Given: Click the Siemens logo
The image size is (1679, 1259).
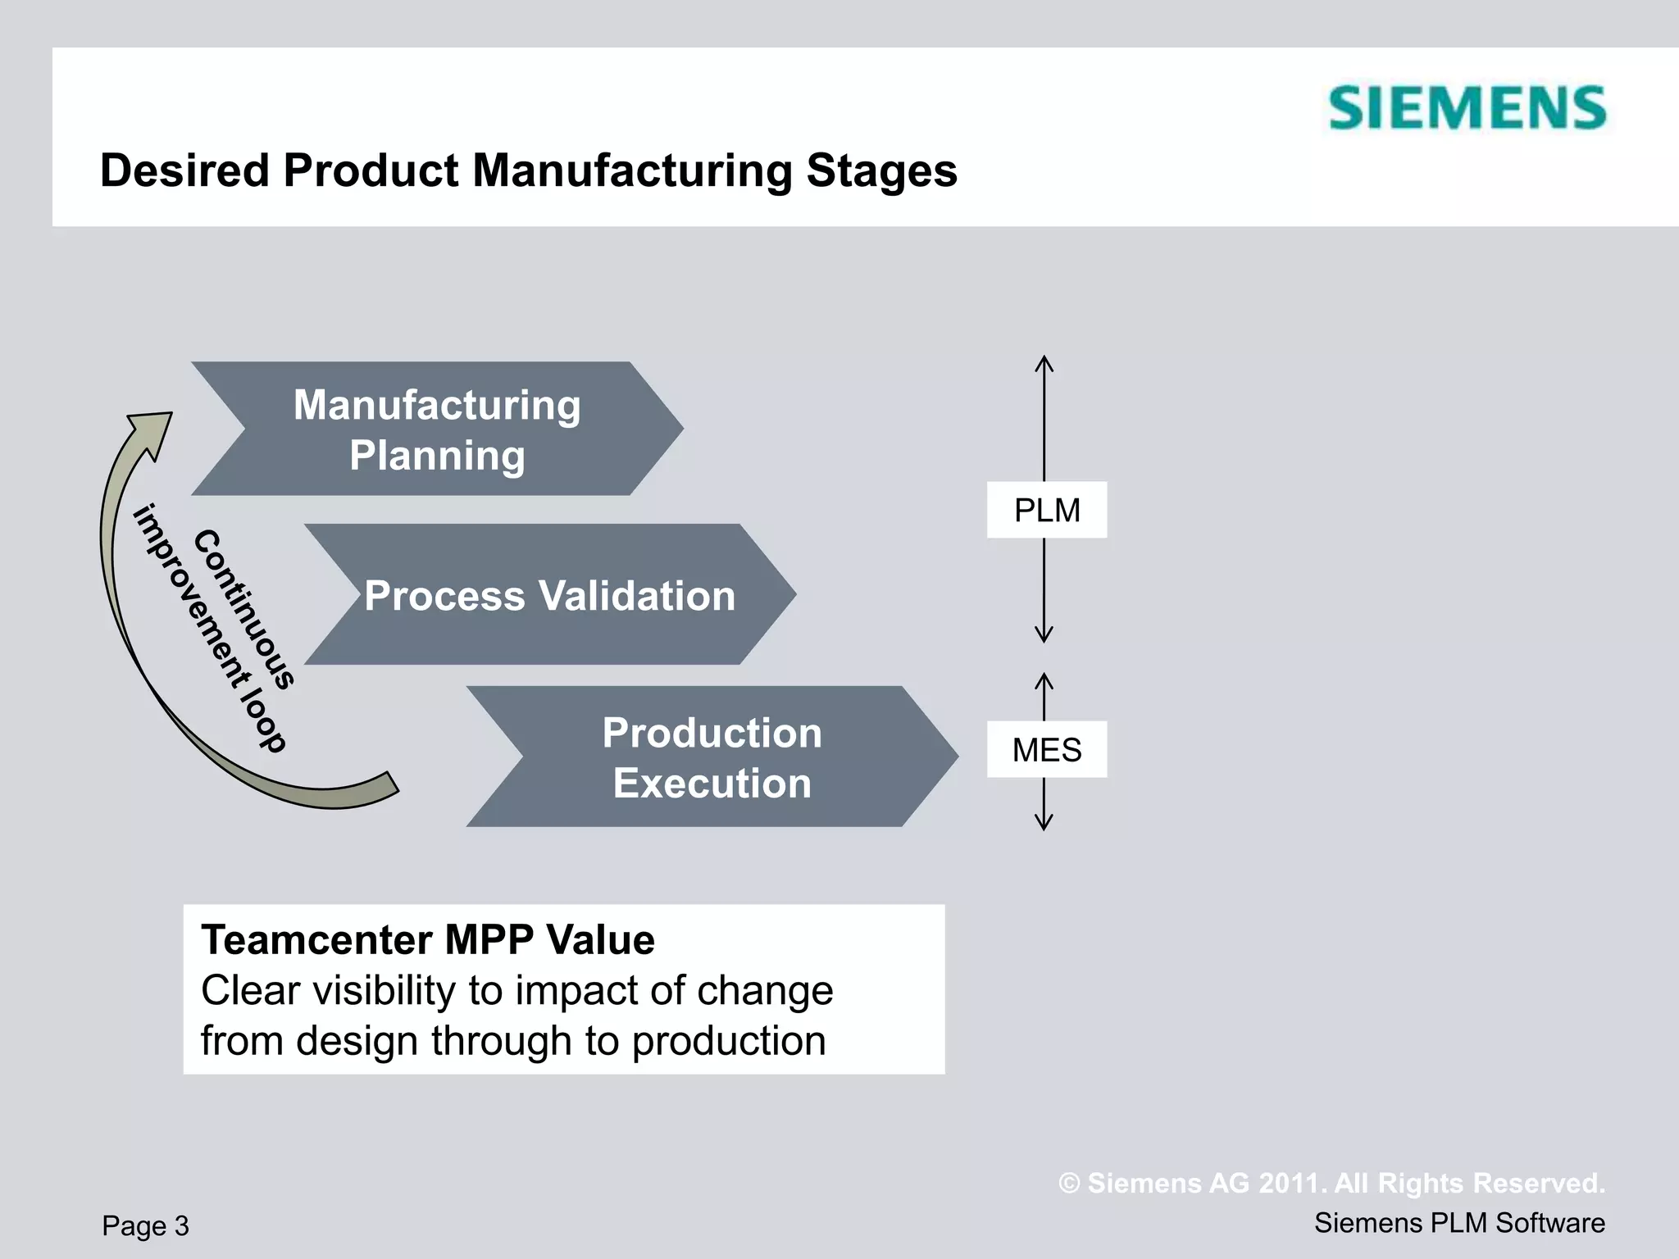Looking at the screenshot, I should tap(1467, 108).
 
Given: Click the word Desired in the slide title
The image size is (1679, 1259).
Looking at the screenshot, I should tap(184, 170).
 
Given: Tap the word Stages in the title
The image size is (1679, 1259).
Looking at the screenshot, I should tap(880, 172).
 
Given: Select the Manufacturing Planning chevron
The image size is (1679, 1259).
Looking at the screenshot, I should tap(437, 429).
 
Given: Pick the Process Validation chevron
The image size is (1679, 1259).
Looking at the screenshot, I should tap(549, 595).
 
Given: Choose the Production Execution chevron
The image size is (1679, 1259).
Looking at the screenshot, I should tap(712, 757).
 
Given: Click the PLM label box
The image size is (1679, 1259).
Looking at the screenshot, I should tap(1047, 510).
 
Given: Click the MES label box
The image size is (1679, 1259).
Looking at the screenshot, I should tap(1047, 750).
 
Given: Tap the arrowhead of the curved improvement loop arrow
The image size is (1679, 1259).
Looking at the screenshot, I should tap(154, 431).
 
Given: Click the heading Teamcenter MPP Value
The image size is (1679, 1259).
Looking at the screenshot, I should tap(428, 939).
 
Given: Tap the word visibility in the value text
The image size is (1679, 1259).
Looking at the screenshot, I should tap(384, 990).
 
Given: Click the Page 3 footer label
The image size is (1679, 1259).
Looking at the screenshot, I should tap(145, 1225).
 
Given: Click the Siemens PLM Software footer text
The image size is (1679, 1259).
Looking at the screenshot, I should tap(1459, 1223).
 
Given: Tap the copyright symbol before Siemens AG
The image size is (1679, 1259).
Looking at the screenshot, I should tap(1069, 1184).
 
